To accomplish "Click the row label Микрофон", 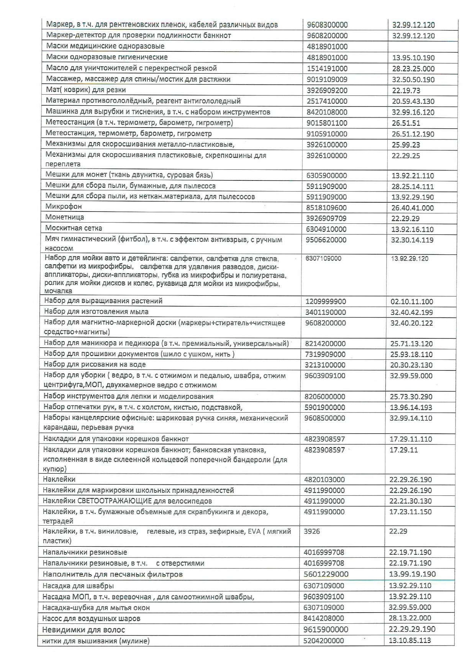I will point(64,207).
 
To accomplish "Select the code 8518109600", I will point(327,208).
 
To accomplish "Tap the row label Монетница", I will point(65,217).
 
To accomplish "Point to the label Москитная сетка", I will point(74,228).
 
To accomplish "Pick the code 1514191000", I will point(327,69).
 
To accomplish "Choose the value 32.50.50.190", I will point(413,80).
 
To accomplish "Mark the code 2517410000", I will point(327,101).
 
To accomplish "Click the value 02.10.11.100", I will point(412,302).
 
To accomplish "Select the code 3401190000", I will point(326,312).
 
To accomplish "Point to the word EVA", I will point(254,531).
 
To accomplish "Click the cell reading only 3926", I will point(312,531).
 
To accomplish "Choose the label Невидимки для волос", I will point(84,629).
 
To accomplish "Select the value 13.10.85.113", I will point(410,641).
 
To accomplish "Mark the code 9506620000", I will point(326,240).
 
